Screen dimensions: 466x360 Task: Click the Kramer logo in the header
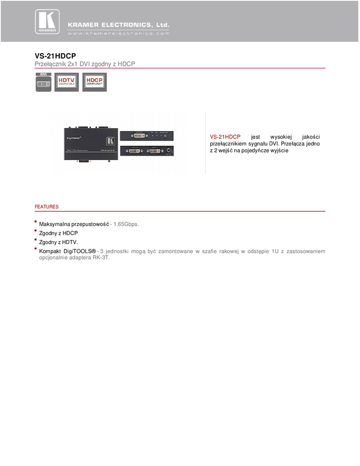[47, 22]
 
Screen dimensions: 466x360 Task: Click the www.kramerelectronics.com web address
[119, 33]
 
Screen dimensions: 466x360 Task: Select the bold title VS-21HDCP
[55, 56]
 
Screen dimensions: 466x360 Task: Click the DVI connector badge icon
[43, 82]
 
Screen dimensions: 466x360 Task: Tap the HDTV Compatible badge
[66, 82]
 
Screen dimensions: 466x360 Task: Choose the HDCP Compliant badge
[94, 82]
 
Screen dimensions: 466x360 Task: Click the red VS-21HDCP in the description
[225, 137]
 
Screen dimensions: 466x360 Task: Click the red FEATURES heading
[47, 207]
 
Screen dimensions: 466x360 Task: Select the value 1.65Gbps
[126, 224]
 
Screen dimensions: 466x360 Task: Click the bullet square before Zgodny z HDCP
[36, 231]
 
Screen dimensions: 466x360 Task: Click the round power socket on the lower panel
[169, 150]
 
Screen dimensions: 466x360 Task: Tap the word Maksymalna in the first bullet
[55, 224]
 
